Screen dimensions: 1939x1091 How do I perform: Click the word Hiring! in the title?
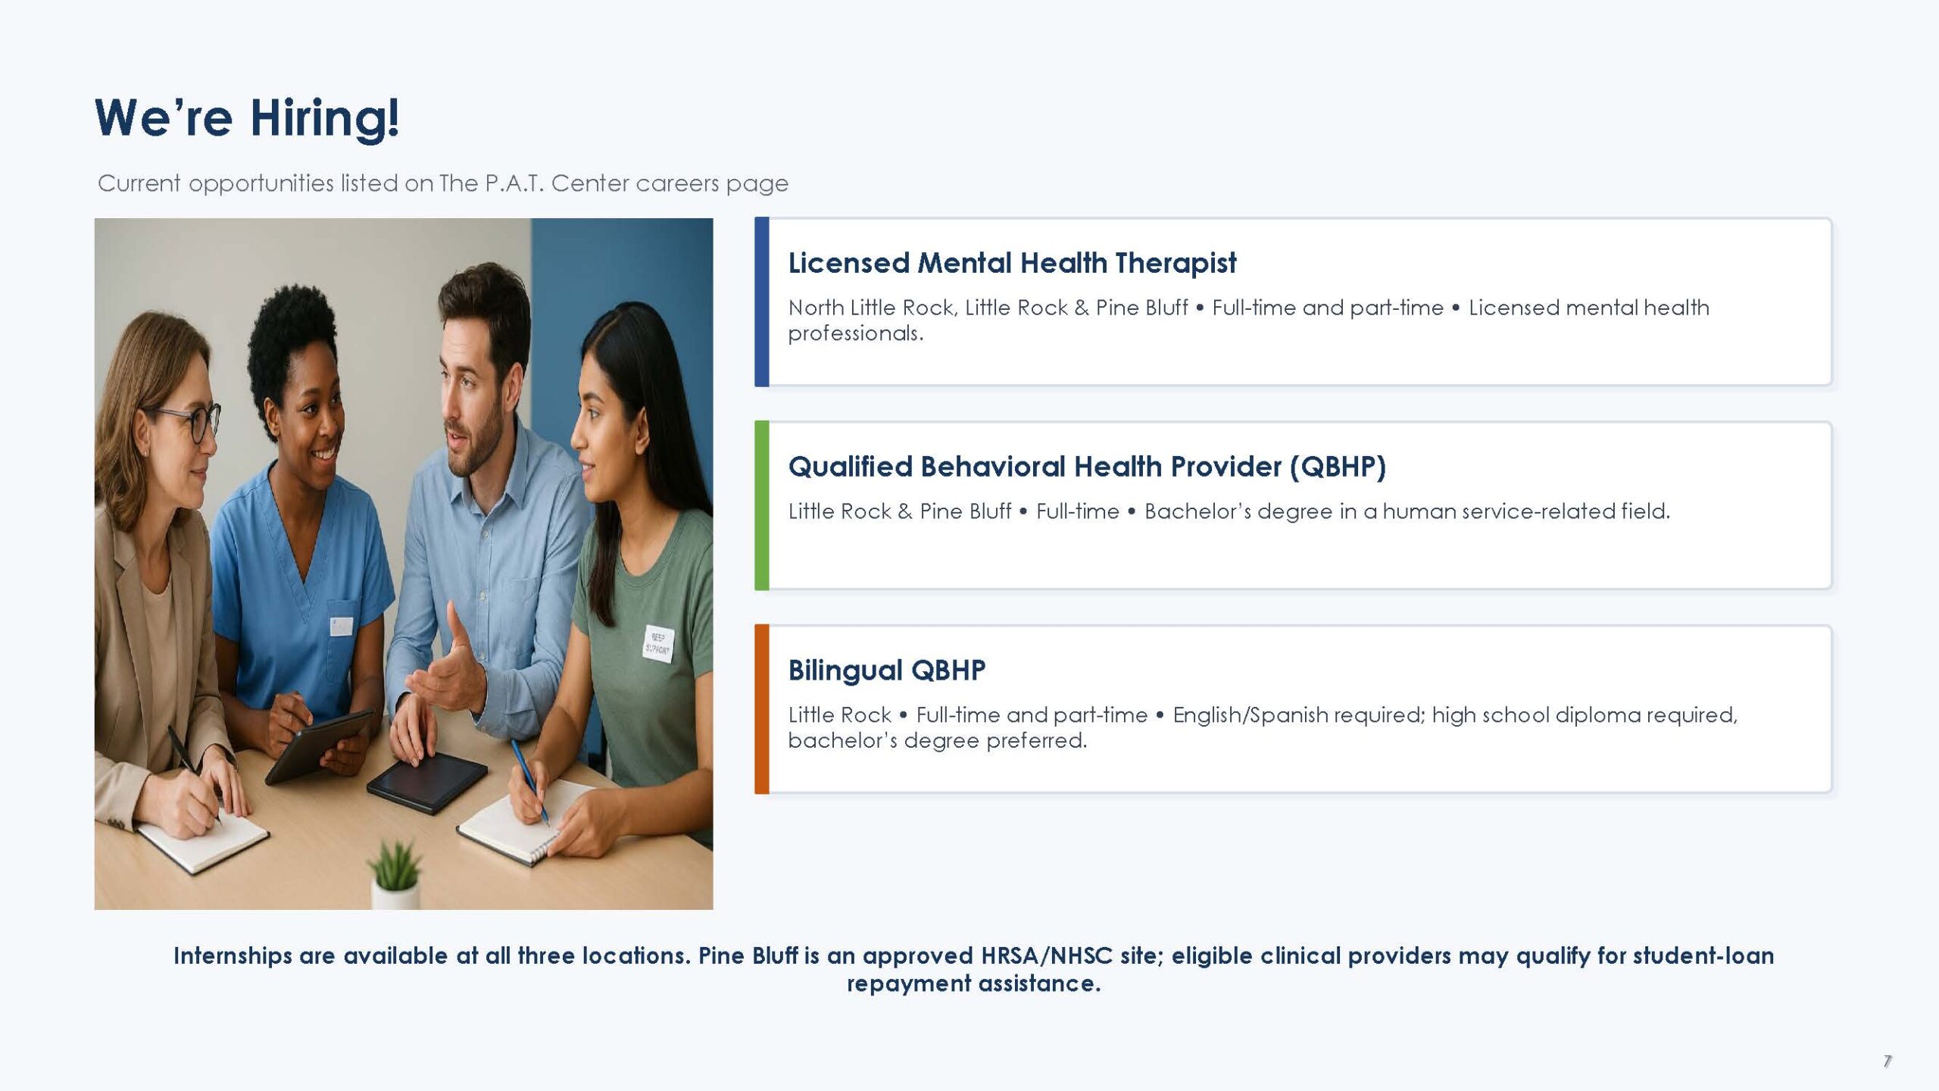[x=324, y=119]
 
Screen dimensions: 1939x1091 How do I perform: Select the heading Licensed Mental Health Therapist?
[x=1012, y=263]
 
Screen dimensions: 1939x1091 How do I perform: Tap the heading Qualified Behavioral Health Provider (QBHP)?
[x=1087, y=467]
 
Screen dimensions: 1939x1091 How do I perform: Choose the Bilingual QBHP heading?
[x=887, y=670]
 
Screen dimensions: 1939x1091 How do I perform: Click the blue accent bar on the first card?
[x=761, y=302]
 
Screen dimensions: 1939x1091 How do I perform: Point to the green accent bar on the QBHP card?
[x=761, y=505]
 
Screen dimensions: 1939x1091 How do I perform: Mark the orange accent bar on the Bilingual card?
[x=761, y=709]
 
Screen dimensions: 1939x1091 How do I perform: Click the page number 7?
[x=1887, y=1061]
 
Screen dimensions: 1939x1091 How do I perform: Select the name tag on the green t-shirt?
[x=657, y=643]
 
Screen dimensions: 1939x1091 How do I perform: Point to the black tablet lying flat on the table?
[x=426, y=782]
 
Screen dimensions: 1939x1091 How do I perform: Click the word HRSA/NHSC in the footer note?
[x=1047, y=956]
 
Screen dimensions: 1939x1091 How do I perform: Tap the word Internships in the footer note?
[x=233, y=956]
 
